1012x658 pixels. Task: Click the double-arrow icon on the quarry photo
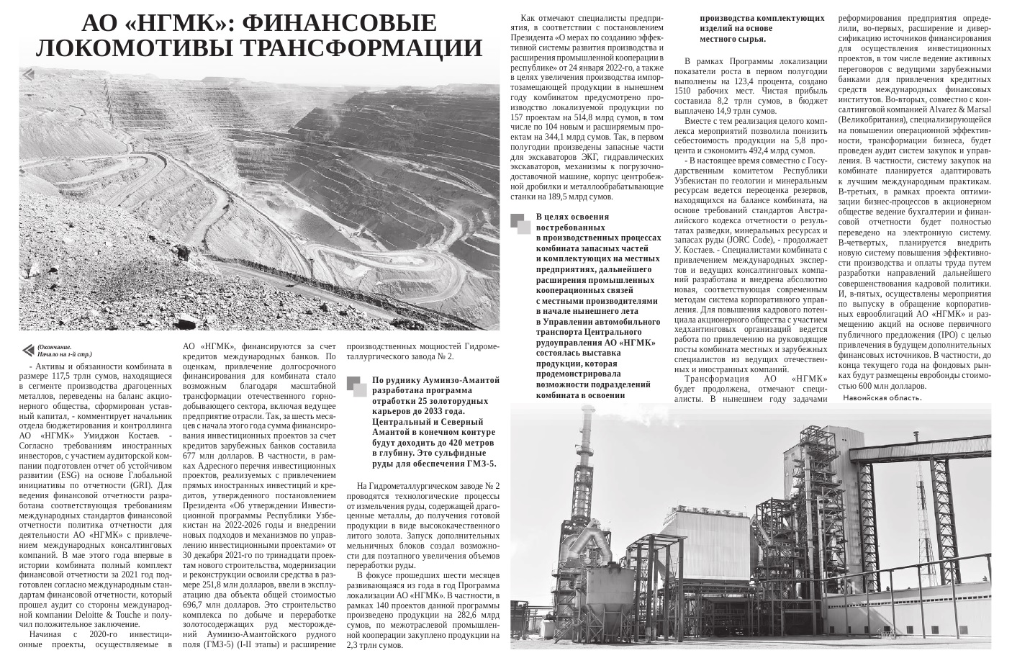tap(28, 74)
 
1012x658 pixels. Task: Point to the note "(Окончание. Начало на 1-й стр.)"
tap(64, 351)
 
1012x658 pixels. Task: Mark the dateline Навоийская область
tap(882, 397)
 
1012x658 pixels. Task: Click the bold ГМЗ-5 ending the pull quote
tap(479, 464)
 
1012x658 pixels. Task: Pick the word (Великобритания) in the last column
tap(872, 120)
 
